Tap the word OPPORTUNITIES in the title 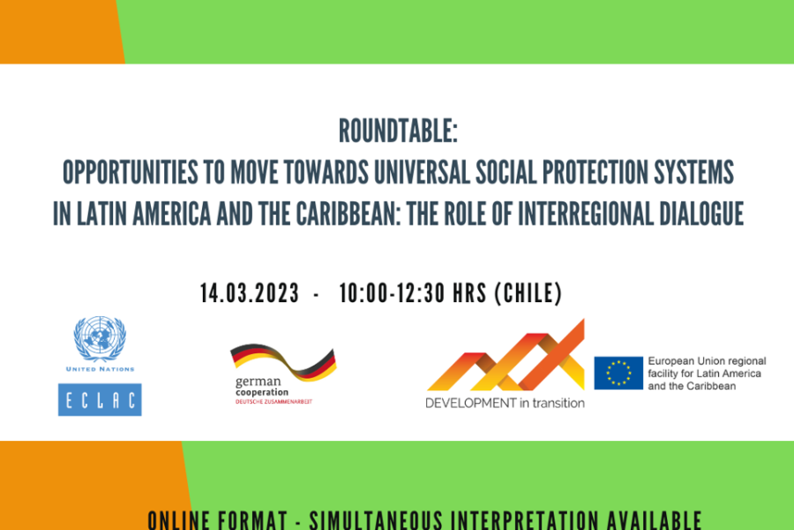coord(131,172)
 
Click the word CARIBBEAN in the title coord(348,214)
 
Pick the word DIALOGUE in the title coord(701,214)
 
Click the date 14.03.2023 coord(250,293)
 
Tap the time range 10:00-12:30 coord(392,293)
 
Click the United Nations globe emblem coord(100,338)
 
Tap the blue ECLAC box coord(100,399)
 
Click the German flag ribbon coord(283,361)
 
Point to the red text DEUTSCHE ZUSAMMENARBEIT coord(274,402)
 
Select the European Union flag coord(618,373)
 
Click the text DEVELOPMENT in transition coord(505,403)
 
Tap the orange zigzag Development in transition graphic coord(506,355)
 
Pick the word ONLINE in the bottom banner coord(179,521)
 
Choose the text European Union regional coord(707,361)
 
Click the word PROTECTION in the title coord(595,172)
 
